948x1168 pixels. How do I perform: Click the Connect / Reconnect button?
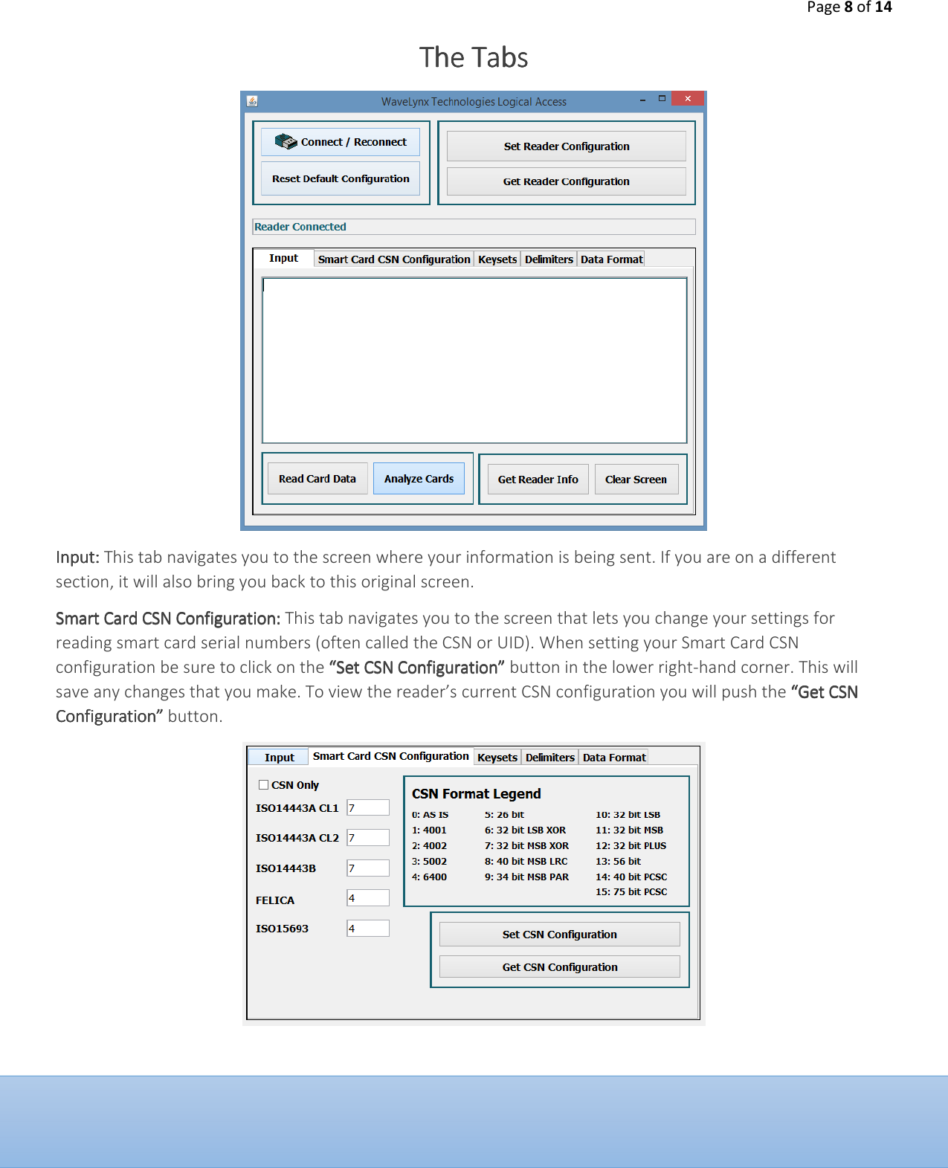pyautogui.click(x=341, y=142)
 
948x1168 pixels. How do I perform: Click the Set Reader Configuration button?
pyautogui.click(x=566, y=146)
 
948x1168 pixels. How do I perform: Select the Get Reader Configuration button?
pyautogui.click(x=566, y=181)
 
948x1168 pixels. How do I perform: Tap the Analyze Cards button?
pyautogui.click(x=419, y=479)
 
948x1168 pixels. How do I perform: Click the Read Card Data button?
pyautogui.click(x=317, y=479)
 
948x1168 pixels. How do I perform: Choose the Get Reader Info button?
pyautogui.click(x=538, y=480)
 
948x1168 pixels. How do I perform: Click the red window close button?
pyautogui.click(x=688, y=98)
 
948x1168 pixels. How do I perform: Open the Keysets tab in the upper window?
pyautogui.click(x=497, y=259)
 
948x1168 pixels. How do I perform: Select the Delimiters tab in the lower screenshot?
pyautogui.click(x=549, y=758)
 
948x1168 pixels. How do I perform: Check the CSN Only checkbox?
pyautogui.click(x=264, y=784)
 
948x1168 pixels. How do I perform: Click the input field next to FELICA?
pyautogui.click(x=368, y=898)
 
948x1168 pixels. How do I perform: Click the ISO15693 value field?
pyautogui.click(x=368, y=928)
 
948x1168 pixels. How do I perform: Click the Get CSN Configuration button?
pyautogui.click(x=559, y=967)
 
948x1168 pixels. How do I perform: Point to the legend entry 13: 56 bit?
pyautogui.click(x=618, y=861)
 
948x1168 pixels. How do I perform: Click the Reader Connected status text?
pyautogui.click(x=300, y=227)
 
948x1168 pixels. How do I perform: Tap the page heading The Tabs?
pyautogui.click(x=474, y=58)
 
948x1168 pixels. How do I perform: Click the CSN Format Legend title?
pyautogui.click(x=476, y=794)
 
